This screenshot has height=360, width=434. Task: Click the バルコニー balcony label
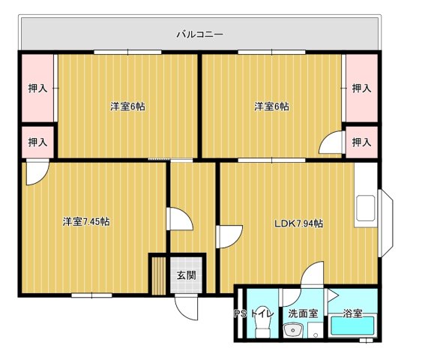199,34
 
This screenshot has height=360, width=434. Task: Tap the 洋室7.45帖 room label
86,222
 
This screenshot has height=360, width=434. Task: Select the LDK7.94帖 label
298,223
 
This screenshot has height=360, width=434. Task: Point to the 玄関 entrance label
186,275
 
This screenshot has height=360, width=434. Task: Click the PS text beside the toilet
240,313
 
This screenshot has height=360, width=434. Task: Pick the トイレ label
262,313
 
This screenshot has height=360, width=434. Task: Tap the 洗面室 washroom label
303,313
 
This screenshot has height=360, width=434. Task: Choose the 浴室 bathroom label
352,313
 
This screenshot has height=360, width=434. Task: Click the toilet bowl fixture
261,331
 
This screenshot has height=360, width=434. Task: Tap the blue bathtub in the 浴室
352,328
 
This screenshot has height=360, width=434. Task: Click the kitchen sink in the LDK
367,208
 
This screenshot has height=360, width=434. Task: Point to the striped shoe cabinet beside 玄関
157,275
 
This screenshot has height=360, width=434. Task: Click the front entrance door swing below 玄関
185,306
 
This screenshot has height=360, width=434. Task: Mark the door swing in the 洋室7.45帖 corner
34,173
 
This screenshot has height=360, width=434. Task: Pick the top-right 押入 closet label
362,88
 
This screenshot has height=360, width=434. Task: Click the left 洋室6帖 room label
127,107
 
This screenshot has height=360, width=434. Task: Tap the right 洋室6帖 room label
271,107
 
